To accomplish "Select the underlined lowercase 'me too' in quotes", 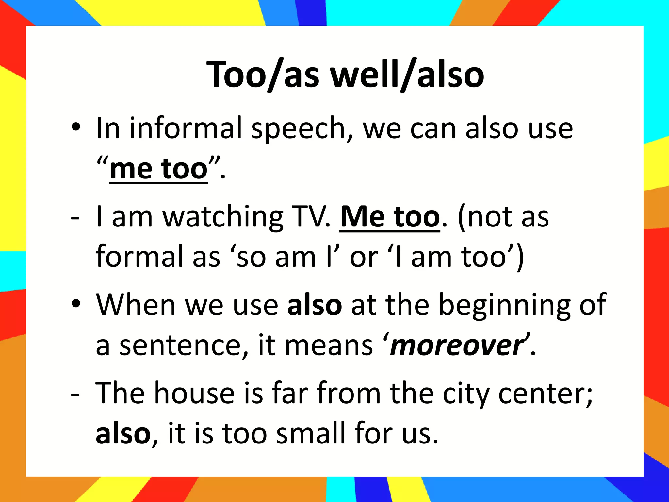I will tap(159, 169).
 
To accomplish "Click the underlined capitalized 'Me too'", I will tap(390, 217).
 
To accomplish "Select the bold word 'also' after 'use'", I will tap(314, 305).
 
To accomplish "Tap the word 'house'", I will tap(194, 393).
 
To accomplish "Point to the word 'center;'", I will tap(545, 393).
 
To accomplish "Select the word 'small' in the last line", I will tap(310, 433).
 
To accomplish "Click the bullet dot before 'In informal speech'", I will tap(76, 127).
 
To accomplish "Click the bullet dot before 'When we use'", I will tap(76, 304).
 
